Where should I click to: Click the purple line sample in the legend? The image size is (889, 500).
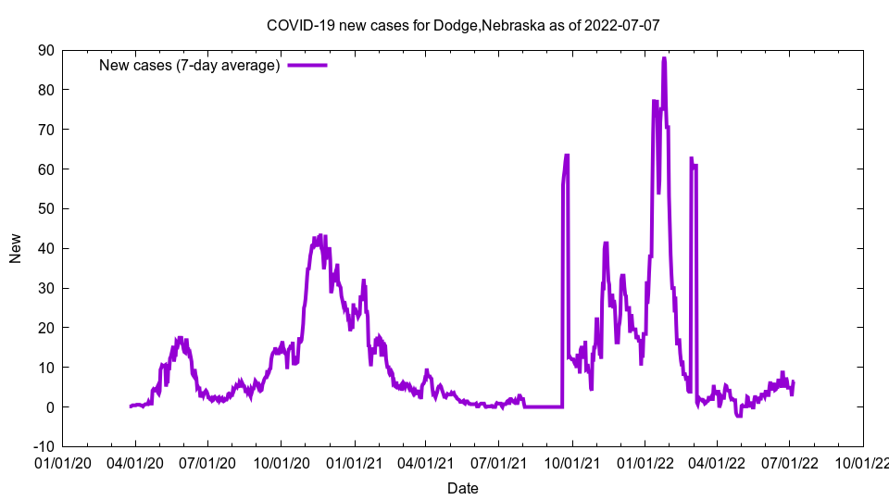[x=307, y=65]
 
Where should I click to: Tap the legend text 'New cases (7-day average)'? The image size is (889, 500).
[x=190, y=65]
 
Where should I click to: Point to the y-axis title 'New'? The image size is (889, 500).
[x=16, y=248]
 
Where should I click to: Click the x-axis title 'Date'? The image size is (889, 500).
[x=462, y=488]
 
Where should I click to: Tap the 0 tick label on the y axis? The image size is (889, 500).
[x=50, y=407]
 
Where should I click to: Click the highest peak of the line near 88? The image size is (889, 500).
[x=664, y=59]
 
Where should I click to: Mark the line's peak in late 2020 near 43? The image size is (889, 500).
[x=319, y=236]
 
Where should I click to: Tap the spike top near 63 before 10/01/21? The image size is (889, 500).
[x=567, y=156]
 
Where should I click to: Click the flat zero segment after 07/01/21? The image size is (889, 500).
[x=543, y=406]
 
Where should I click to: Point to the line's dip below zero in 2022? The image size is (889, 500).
[x=739, y=416]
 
